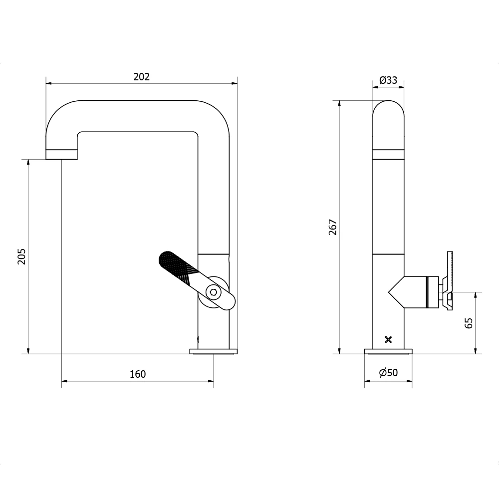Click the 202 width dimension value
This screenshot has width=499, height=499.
click(x=141, y=77)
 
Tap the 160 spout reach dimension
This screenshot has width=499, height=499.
click(x=138, y=374)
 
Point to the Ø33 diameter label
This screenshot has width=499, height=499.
click(x=388, y=80)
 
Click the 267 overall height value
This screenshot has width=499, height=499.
click(x=333, y=227)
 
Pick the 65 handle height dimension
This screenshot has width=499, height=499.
click(x=468, y=323)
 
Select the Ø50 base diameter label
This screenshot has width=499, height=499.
click(x=388, y=372)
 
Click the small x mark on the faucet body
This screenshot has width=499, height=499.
click(x=389, y=340)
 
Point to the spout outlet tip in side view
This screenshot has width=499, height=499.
click(x=61, y=154)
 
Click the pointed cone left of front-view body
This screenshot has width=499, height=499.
click(x=396, y=292)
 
